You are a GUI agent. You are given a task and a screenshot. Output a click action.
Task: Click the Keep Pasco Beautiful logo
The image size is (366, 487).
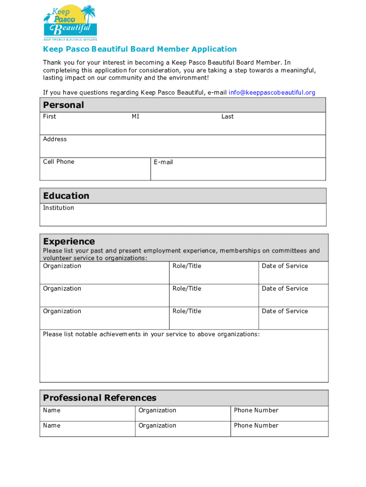point(70,22)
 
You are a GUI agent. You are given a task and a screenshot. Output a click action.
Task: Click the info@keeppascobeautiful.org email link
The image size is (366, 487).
point(272,93)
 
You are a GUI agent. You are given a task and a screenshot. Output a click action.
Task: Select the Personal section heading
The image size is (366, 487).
point(63,105)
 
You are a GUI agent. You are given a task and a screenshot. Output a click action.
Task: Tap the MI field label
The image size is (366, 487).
point(135,117)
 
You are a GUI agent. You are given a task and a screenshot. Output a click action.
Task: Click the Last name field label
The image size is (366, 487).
point(227,117)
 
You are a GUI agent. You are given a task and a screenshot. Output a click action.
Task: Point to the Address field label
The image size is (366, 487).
point(55,139)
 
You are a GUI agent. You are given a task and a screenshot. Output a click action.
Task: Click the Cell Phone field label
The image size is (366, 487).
point(58,162)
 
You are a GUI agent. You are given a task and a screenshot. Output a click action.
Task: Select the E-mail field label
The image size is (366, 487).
point(163,162)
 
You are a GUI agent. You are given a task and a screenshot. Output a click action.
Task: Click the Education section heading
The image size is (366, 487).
point(66,196)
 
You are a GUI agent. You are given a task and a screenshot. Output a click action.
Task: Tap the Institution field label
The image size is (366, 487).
point(58,208)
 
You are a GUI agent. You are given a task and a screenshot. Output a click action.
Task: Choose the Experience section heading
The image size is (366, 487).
point(69,241)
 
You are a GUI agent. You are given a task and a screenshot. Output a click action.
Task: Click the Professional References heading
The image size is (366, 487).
point(99,398)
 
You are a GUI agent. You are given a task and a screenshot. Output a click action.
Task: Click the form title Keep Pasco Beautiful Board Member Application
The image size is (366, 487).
point(140,49)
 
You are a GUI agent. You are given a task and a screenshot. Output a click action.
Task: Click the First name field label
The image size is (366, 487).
point(49,117)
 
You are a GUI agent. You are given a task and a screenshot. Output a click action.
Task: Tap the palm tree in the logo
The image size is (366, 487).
point(88,12)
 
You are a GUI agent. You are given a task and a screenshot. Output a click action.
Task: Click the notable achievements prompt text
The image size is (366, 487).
point(151,334)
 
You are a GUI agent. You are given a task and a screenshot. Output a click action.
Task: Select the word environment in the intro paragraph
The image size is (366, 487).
point(188,78)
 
